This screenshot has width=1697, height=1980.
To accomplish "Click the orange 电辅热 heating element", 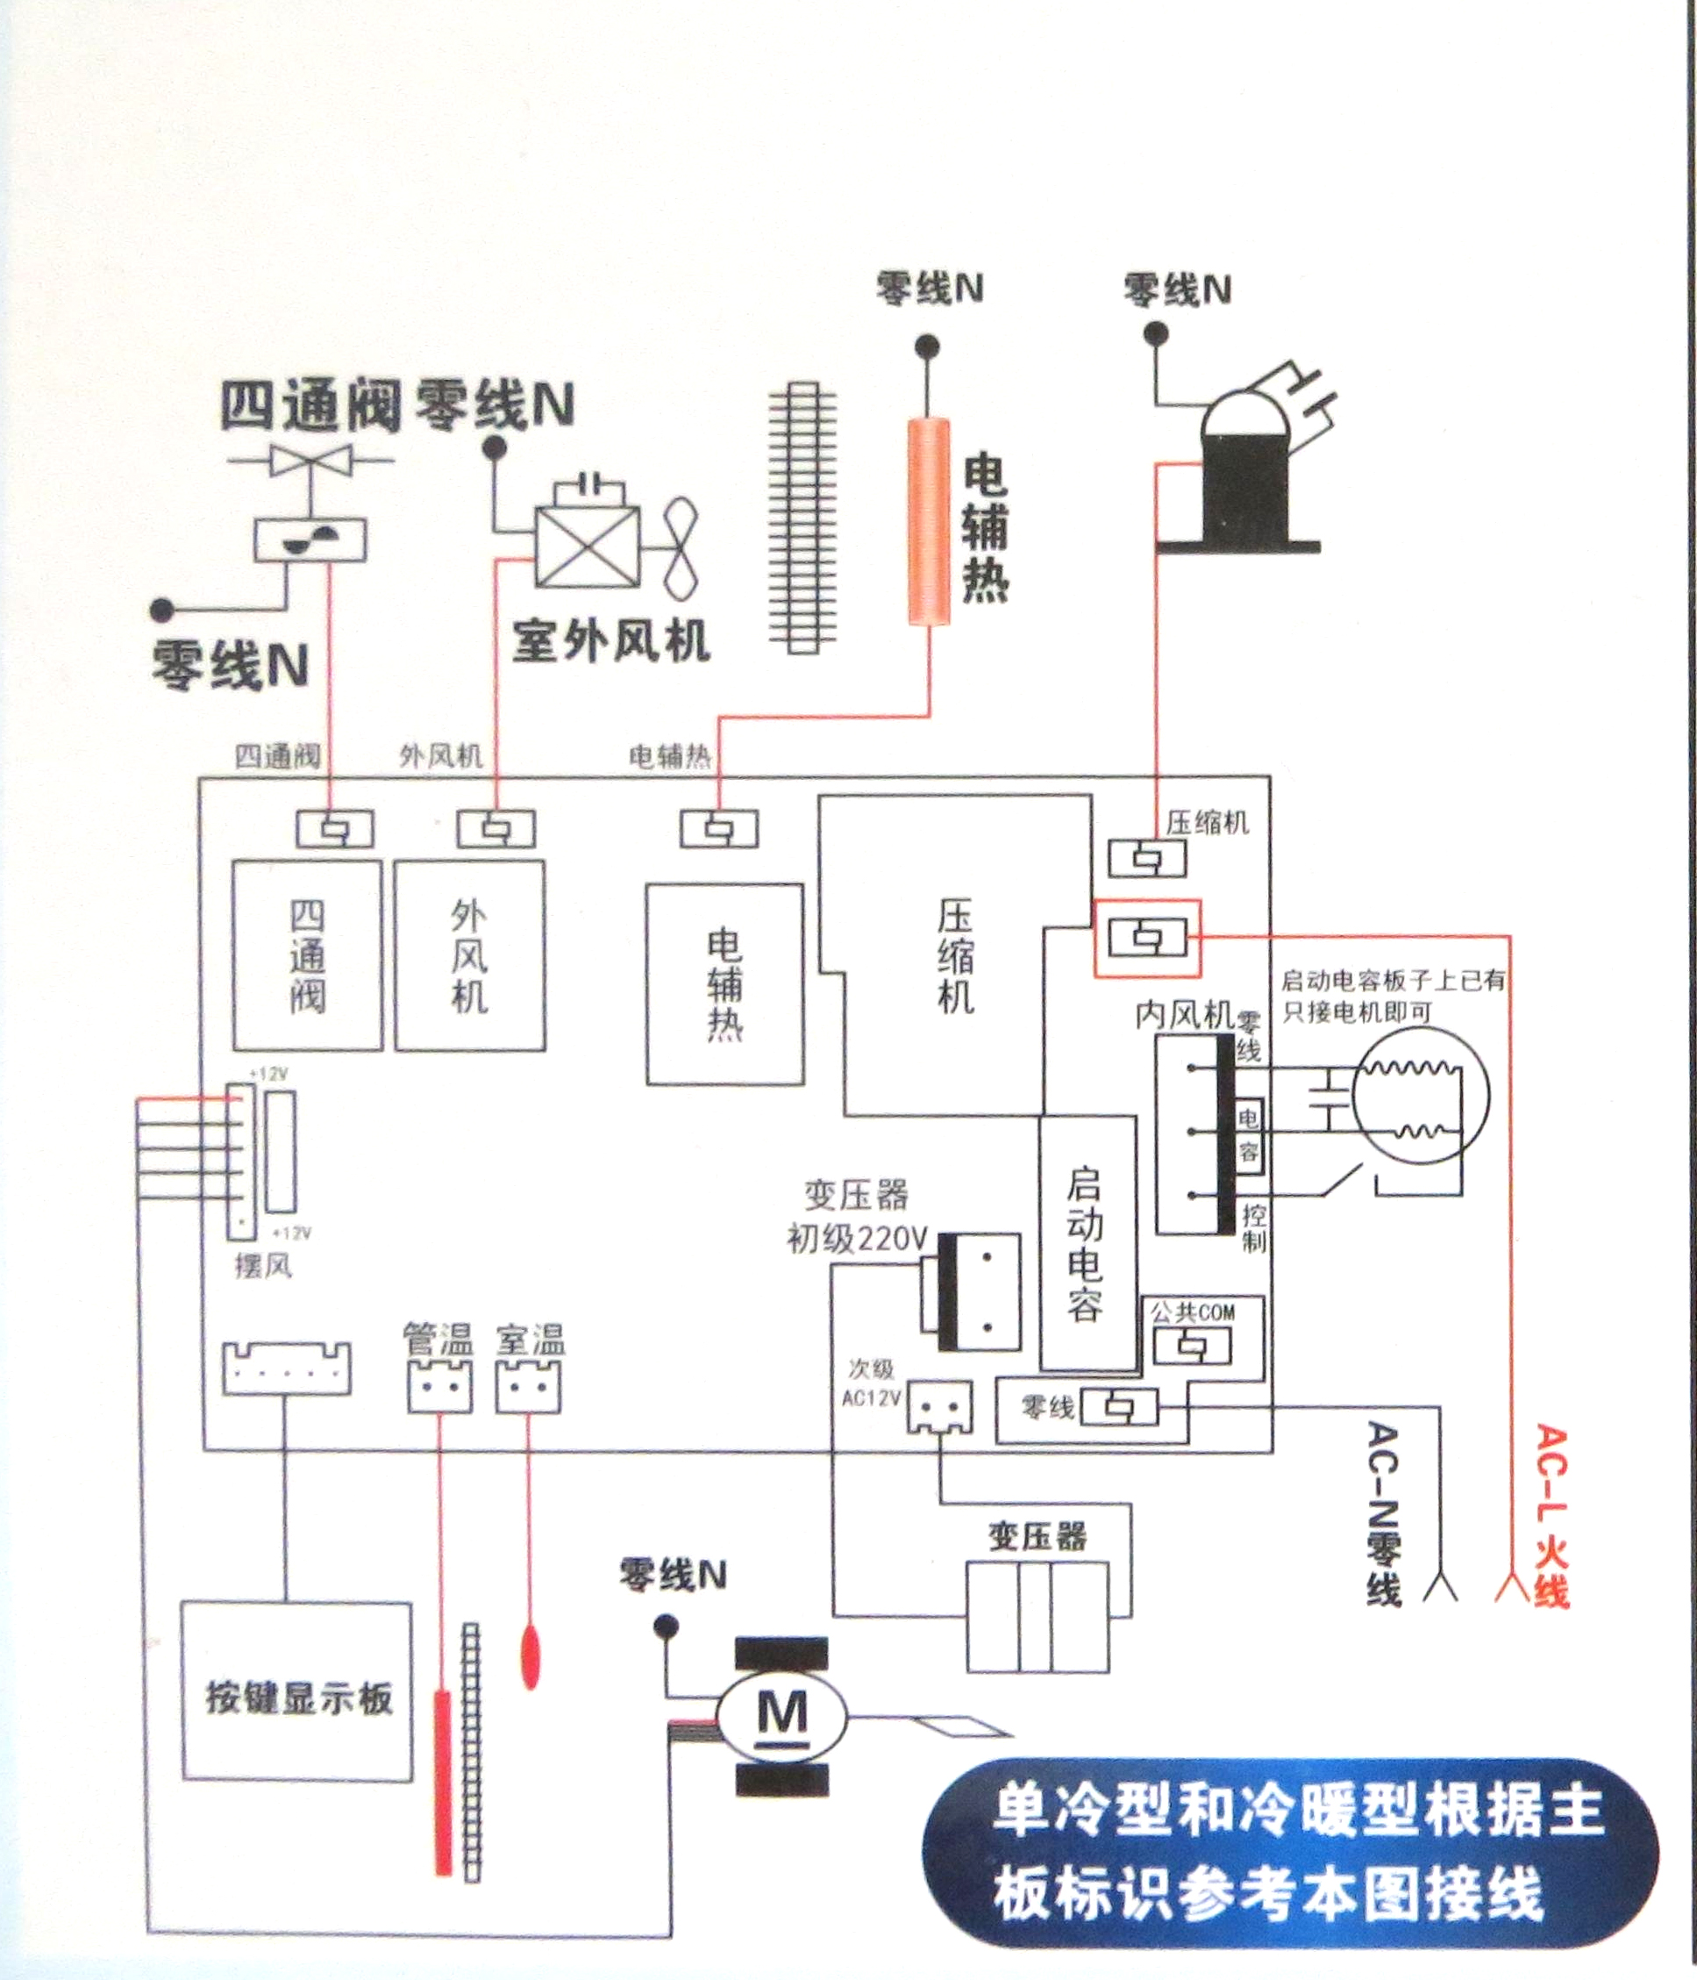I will (929, 522).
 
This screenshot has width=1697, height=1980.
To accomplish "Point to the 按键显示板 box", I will (297, 1691).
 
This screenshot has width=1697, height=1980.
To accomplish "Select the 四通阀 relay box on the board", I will (308, 955).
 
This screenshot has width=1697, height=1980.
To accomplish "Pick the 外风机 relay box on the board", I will (469, 955).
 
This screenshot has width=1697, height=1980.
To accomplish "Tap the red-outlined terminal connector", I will (1146, 939).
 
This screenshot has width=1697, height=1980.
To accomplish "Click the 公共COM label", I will (1193, 1312).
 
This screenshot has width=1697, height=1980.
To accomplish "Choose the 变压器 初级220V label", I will (856, 1217).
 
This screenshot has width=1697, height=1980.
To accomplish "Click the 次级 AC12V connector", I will (939, 1406).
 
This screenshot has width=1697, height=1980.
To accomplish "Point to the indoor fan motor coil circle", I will (1422, 1099).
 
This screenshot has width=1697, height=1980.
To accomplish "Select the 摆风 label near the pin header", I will (263, 1266).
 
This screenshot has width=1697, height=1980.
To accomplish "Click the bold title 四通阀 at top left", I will (309, 405).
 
